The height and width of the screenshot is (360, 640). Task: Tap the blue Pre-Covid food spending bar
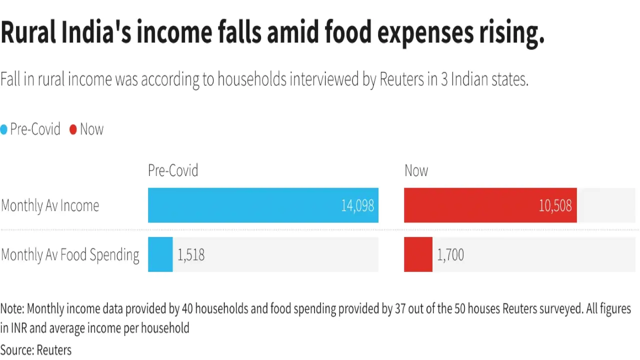160,254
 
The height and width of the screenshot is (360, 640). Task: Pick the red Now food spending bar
418,254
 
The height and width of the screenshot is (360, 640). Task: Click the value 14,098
357,205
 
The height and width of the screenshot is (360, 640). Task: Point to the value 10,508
555,205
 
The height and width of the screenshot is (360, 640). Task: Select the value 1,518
191,255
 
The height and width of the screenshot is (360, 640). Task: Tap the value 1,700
450,255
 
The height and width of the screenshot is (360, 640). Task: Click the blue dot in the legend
4,129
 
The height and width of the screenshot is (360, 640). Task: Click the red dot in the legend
73,129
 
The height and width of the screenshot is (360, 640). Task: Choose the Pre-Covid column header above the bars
173,170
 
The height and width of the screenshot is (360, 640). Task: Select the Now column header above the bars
416,170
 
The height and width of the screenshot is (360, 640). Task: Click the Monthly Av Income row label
50,205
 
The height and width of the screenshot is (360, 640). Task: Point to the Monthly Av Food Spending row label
70,255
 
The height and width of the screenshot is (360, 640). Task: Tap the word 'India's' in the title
99,33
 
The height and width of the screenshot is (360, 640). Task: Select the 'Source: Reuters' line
36,350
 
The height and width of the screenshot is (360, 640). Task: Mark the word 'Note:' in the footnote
12,308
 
